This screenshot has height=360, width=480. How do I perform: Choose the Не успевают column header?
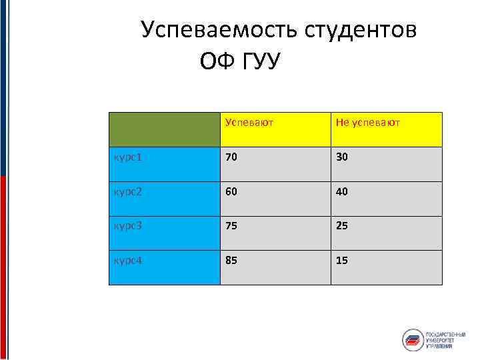coord(367,123)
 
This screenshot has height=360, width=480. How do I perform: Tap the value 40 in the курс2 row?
coord(342,191)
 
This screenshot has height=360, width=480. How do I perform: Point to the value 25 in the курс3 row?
coord(342,225)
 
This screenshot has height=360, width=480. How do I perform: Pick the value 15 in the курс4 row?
coord(342,259)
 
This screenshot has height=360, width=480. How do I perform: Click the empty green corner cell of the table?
coord(165,129)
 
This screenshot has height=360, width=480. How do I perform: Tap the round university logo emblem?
coord(413,340)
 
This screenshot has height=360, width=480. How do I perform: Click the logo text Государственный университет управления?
coord(445,340)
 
